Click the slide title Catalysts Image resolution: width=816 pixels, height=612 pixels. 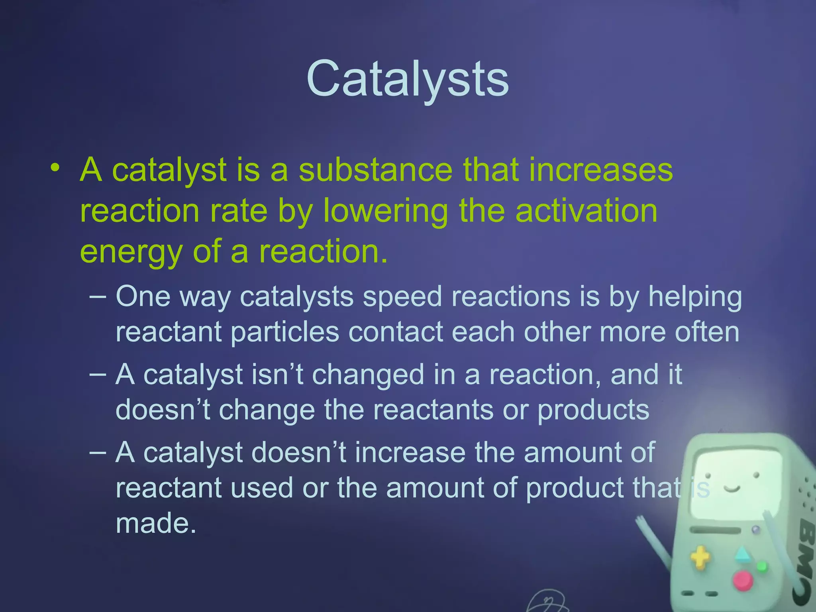tap(408, 78)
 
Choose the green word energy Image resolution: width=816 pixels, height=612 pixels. tap(131, 253)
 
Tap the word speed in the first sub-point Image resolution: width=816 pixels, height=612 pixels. tap(402, 297)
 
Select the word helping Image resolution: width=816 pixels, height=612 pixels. tap(695, 298)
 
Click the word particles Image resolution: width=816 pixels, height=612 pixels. tap(285, 332)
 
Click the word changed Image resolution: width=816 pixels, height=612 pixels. tap(368, 376)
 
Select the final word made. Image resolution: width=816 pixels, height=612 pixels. tap(156, 523)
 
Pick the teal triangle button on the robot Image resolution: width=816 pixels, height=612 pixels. tap(742, 555)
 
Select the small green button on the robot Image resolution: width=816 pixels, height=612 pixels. tap(762, 566)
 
